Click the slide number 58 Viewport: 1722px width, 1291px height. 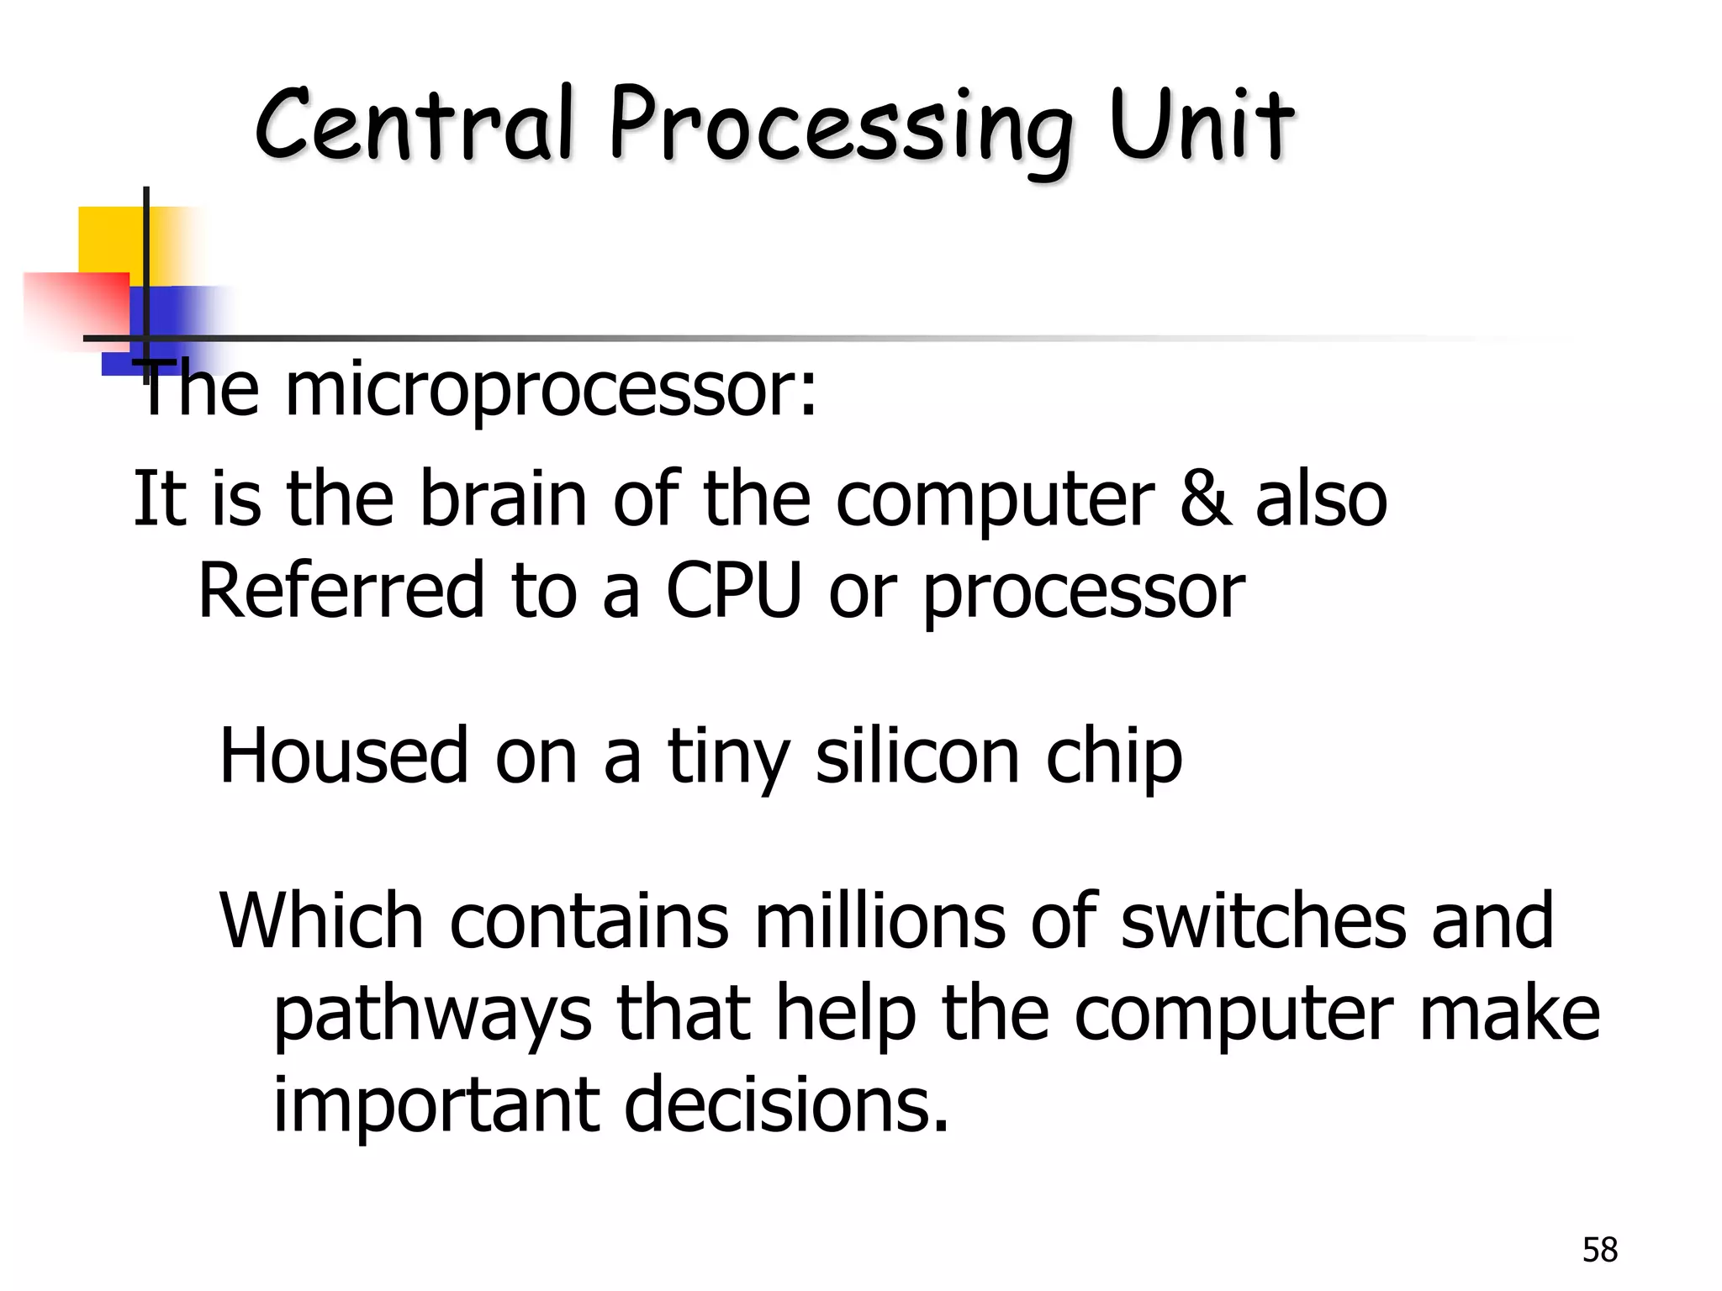(1599, 1250)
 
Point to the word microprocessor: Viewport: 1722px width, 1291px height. (551, 392)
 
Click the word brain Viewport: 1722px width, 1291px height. (503, 499)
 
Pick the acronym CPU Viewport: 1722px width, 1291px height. (733, 590)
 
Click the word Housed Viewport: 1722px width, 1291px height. (343, 756)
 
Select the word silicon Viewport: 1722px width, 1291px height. (917, 756)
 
